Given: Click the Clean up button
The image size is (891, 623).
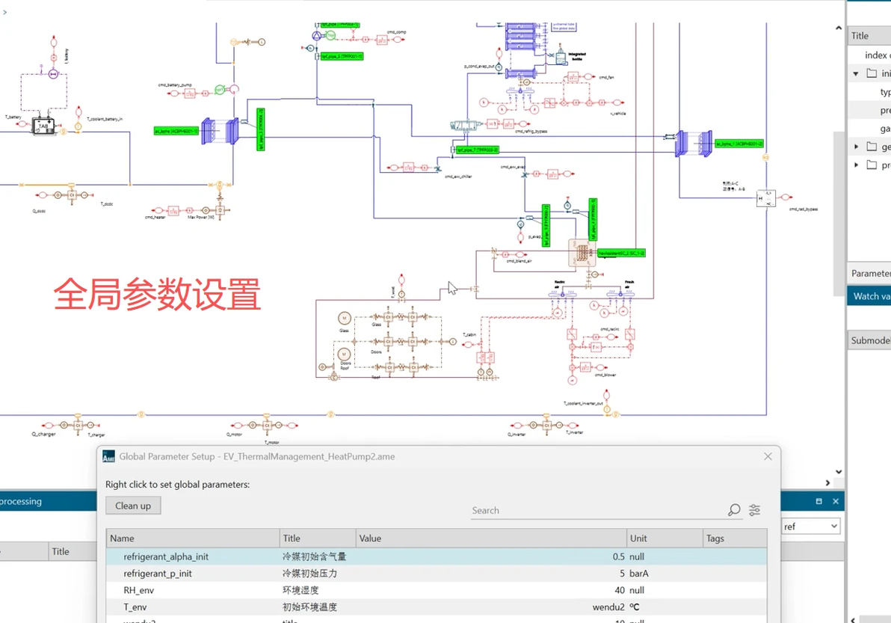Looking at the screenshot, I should (x=133, y=506).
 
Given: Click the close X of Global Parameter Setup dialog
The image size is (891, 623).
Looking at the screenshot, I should (x=768, y=456).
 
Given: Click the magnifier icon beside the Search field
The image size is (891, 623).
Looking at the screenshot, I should (x=734, y=510).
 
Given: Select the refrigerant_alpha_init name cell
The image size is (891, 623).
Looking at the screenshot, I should (x=166, y=556).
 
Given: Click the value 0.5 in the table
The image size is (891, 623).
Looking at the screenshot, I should (x=617, y=556).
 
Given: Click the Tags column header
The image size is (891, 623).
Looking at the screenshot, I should (x=715, y=538).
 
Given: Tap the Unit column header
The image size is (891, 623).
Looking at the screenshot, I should (x=638, y=538).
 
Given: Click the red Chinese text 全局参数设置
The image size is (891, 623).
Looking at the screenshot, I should (x=157, y=295).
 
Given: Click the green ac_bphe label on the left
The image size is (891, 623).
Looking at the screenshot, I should (x=176, y=131).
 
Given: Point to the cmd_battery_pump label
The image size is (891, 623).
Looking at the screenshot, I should (x=176, y=86).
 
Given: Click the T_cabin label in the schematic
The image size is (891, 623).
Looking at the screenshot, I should (x=469, y=334).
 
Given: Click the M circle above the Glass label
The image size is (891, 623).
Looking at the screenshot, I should (x=345, y=318).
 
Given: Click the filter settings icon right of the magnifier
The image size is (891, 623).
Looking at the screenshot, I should (x=755, y=510).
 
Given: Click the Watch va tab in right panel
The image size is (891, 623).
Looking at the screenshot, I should (x=870, y=296).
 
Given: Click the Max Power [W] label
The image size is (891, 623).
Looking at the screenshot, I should (x=200, y=218).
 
